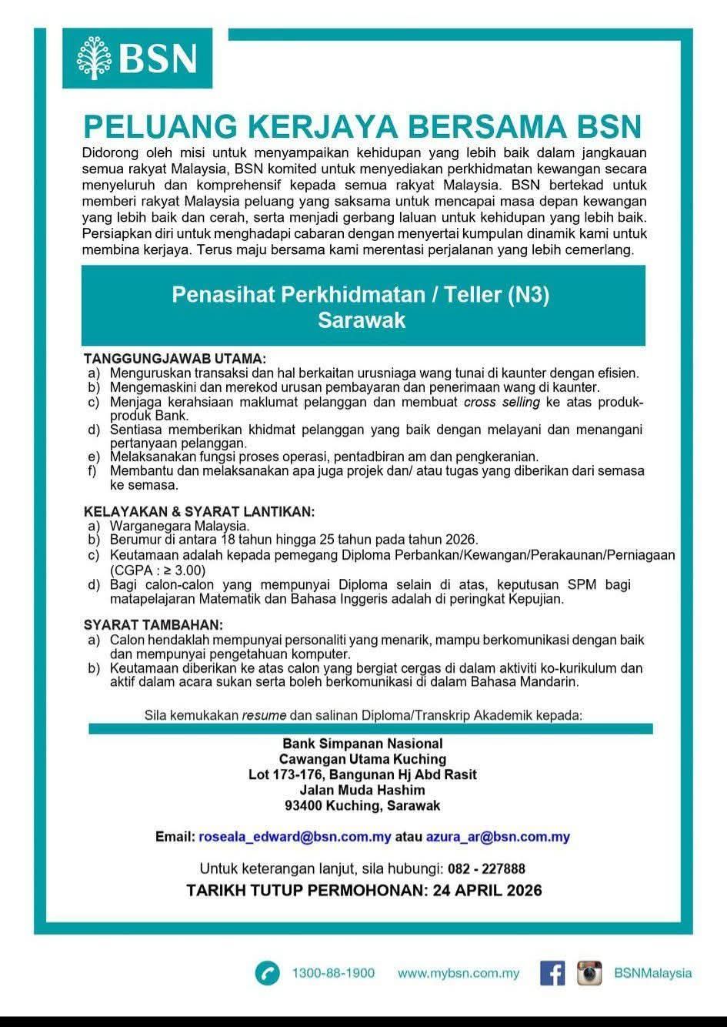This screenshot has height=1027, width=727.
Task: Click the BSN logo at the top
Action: [x=137, y=58]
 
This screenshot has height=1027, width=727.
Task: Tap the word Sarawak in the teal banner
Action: [x=362, y=320]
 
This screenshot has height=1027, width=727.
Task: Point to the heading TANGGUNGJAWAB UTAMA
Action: [x=175, y=359]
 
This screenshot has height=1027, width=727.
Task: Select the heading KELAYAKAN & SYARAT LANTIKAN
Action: [x=199, y=511]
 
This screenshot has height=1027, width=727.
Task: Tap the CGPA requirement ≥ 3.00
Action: [x=185, y=570]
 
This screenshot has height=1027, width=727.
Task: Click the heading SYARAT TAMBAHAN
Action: [x=153, y=624]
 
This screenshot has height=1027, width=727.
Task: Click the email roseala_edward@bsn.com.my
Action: [x=295, y=837]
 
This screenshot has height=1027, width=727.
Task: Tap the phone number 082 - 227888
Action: [x=486, y=869]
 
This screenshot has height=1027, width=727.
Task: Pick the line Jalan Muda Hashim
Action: [x=362, y=790]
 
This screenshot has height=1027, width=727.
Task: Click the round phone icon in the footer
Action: [x=267, y=973]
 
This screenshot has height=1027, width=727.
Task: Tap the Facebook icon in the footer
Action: [x=552, y=973]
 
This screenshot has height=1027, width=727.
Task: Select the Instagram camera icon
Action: [x=589, y=973]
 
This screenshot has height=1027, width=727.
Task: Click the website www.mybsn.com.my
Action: [x=459, y=973]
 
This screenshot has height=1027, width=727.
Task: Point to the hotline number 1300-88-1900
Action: [x=333, y=973]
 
